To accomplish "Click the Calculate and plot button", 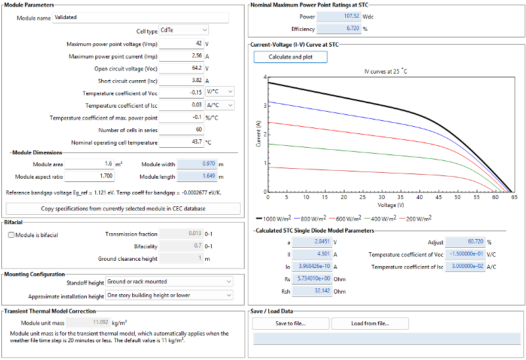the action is coord(290,57).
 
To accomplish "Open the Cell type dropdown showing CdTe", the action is coord(183,30).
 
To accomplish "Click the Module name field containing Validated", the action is coord(140,18).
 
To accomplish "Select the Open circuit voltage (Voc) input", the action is coord(181,68).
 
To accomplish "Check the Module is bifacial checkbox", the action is coord(11,235).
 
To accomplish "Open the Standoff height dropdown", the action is coord(169,282).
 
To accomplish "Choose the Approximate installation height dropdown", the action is coord(169,296).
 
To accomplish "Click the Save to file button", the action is coord(291,323).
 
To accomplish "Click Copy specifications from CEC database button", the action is coord(123,208).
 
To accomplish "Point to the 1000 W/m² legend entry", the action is coord(274,219).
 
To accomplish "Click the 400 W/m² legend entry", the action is coord(380,219).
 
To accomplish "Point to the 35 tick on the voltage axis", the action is coord(400,197).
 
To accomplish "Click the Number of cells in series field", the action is coord(181,129).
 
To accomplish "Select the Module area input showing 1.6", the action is coord(89,164).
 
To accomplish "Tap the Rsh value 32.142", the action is coord(312,291).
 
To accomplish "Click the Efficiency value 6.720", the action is coord(339,28).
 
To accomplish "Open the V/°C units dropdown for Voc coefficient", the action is coord(220,91).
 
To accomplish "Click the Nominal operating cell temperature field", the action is coord(181,142).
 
